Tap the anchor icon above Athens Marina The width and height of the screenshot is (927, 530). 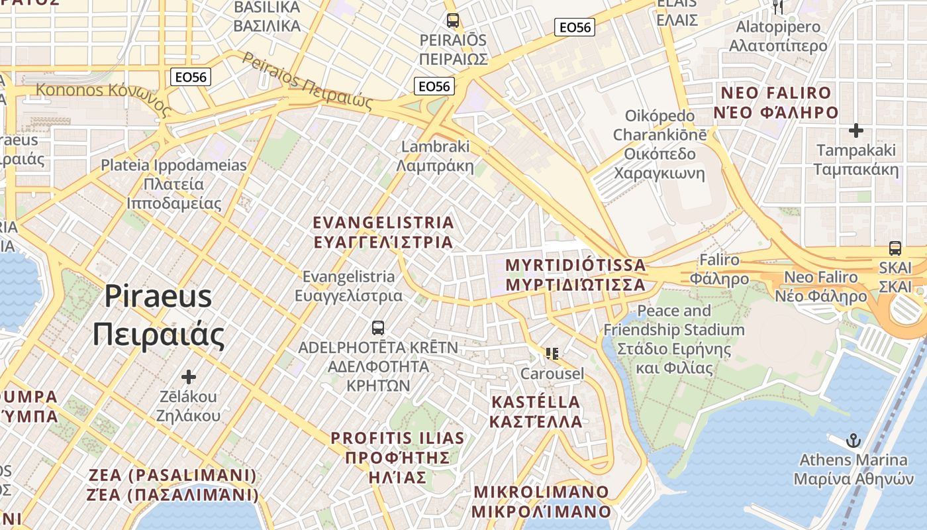pos(854,440)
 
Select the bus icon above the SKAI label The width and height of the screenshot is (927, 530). pos(895,248)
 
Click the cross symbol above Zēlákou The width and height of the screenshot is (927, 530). pos(189,377)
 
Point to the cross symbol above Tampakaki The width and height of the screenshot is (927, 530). pos(856,131)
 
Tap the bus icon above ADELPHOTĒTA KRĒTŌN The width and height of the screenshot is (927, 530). pos(378,327)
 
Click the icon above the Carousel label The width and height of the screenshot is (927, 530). pos(552,354)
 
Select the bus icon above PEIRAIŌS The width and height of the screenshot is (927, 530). pos(453,21)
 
